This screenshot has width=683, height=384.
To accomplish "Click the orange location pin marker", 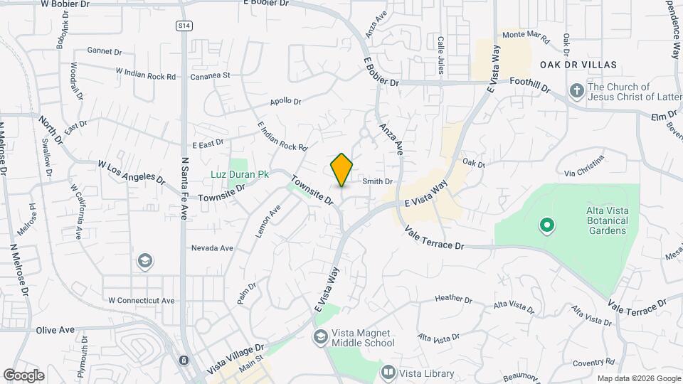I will pyautogui.click(x=341, y=170).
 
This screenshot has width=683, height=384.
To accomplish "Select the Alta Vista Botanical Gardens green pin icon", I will pyautogui.click(x=547, y=226).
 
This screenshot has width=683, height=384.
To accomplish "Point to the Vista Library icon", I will pyautogui.click(x=388, y=371).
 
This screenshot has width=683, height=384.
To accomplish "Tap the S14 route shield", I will pyautogui.click(x=184, y=25).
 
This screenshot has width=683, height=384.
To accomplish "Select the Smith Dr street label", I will pyautogui.click(x=377, y=181).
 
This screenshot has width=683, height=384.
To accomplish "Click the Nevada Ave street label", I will pyautogui.click(x=212, y=248).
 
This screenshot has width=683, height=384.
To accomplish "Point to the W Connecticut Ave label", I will pyautogui.click(x=141, y=300).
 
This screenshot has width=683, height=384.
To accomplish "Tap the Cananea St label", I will pyautogui.click(x=210, y=75).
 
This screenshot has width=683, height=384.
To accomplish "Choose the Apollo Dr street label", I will pyautogui.click(x=285, y=102).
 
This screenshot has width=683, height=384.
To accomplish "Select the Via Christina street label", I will pyautogui.click(x=583, y=164).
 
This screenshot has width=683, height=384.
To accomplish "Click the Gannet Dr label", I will pyautogui.click(x=105, y=50).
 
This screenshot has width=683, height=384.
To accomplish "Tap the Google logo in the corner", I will pyautogui.click(x=23, y=375).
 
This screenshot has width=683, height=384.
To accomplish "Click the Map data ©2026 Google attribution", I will pyautogui.click(x=638, y=378).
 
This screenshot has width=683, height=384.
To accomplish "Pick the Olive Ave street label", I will pyautogui.click(x=55, y=330).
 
